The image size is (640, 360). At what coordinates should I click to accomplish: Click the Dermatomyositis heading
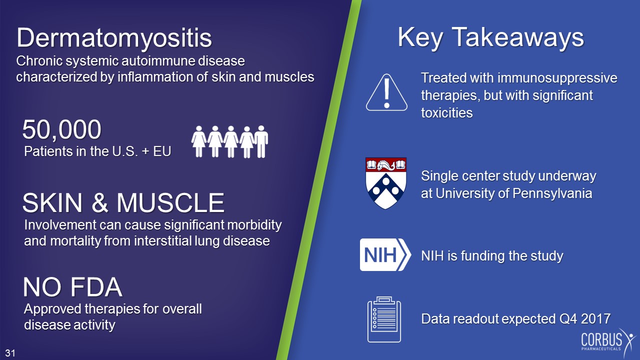pyautogui.click(x=114, y=38)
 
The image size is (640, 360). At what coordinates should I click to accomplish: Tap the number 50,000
pyautogui.click(x=61, y=129)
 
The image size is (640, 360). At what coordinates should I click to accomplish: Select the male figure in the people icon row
pyautogui.click(x=261, y=141)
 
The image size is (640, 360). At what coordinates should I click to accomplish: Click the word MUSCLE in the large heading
pyautogui.click(x=170, y=203)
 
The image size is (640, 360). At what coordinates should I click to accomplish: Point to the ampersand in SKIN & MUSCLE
pyautogui.click(x=100, y=203)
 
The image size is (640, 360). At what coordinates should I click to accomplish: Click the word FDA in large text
pyautogui.click(x=96, y=287)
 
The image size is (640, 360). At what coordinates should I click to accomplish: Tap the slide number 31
pyautogui.click(x=10, y=353)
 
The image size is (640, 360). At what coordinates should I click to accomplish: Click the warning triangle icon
pyautogui.click(x=386, y=92)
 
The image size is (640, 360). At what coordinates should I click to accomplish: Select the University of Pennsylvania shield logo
pyautogui.click(x=386, y=183)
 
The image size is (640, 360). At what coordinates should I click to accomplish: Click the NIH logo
pyautogui.click(x=385, y=254)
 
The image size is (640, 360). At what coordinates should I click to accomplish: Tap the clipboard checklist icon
pyautogui.click(x=384, y=319)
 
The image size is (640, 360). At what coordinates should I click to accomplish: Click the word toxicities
pyautogui.click(x=447, y=113)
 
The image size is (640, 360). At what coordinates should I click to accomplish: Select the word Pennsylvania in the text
pyautogui.click(x=552, y=193)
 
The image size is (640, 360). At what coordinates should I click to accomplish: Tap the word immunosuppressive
pyautogui.click(x=557, y=78)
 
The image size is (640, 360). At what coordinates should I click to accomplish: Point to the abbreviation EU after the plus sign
pyautogui.click(x=162, y=151)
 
